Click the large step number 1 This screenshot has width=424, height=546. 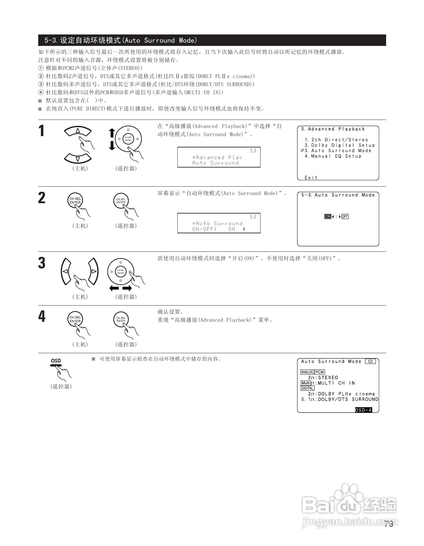click(x=41, y=131)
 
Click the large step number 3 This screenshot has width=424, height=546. click(x=42, y=263)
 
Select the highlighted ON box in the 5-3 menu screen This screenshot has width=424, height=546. click(x=328, y=216)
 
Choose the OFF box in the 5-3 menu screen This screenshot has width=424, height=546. click(x=345, y=216)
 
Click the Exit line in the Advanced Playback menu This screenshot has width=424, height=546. click(x=311, y=178)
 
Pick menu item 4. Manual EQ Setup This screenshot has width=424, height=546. click(x=333, y=156)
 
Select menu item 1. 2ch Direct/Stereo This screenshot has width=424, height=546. click(x=336, y=140)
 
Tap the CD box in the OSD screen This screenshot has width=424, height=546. click(x=370, y=362)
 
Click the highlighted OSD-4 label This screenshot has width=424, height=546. click(x=363, y=410)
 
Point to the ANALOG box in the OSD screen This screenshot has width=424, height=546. click(x=307, y=372)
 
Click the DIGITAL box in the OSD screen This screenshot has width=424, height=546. click(x=307, y=388)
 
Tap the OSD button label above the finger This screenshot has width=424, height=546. click(x=56, y=361)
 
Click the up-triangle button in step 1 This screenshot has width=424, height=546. click(x=78, y=131)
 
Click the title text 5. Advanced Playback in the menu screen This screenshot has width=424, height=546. click(x=333, y=129)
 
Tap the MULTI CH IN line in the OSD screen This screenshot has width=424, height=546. click(x=336, y=383)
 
